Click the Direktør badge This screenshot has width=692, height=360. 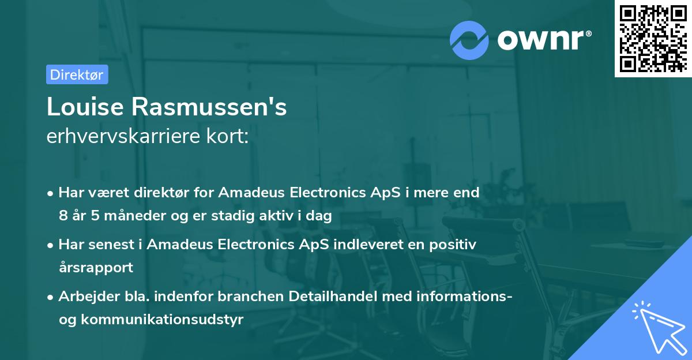77,74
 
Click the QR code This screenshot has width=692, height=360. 653,38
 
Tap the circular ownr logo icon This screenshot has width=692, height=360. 469,40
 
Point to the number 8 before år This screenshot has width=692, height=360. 62,216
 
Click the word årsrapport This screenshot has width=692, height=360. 96,268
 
